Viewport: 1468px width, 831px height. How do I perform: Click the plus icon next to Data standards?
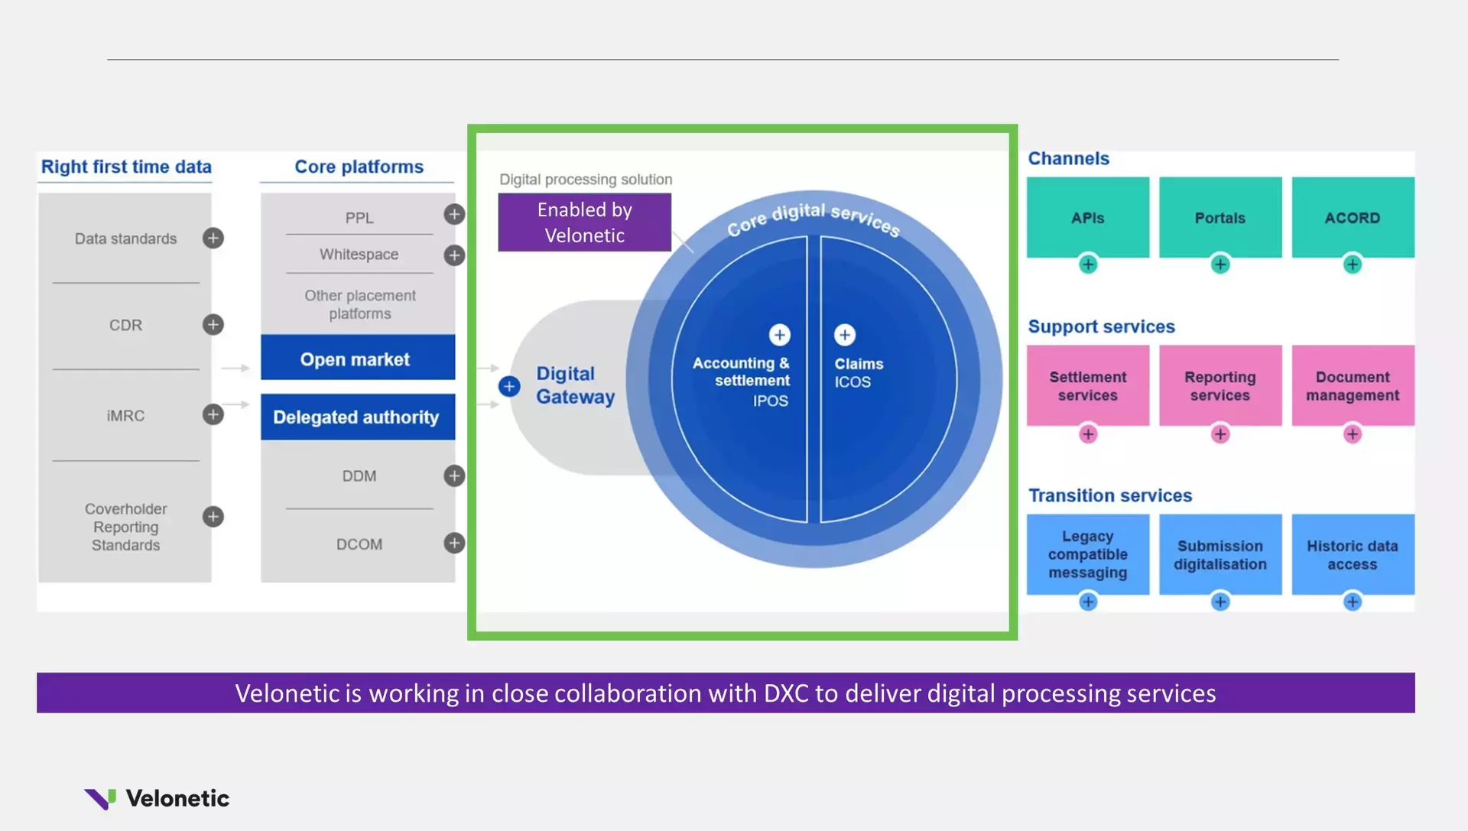tap(213, 238)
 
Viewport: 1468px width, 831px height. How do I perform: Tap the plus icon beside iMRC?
tap(213, 414)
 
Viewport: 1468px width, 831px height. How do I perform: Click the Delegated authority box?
tap(357, 417)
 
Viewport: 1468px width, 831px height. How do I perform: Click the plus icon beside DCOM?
tap(454, 543)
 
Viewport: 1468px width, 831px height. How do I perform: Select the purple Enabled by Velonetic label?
tap(584, 222)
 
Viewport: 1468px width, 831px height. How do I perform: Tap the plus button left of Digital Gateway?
tap(509, 386)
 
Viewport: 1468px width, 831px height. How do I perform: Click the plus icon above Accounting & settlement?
tap(779, 335)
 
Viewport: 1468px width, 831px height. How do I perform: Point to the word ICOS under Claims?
tap(852, 382)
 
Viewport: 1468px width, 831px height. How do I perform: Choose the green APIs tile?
tap(1087, 217)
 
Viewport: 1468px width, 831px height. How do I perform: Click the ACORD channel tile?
tap(1352, 217)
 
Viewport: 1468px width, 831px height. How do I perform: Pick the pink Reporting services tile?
tap(1220, 385)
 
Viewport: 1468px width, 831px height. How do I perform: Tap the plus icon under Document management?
tap(1352, 434)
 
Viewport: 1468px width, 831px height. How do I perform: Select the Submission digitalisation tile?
tap(1220, 554)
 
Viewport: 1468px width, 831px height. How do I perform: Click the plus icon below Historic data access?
tap(1352, 602)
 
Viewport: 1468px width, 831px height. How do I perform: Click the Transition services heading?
tap(1109, 495)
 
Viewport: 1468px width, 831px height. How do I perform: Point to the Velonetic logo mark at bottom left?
tap(100, 798)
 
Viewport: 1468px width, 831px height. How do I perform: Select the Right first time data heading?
tap(126, 167)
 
